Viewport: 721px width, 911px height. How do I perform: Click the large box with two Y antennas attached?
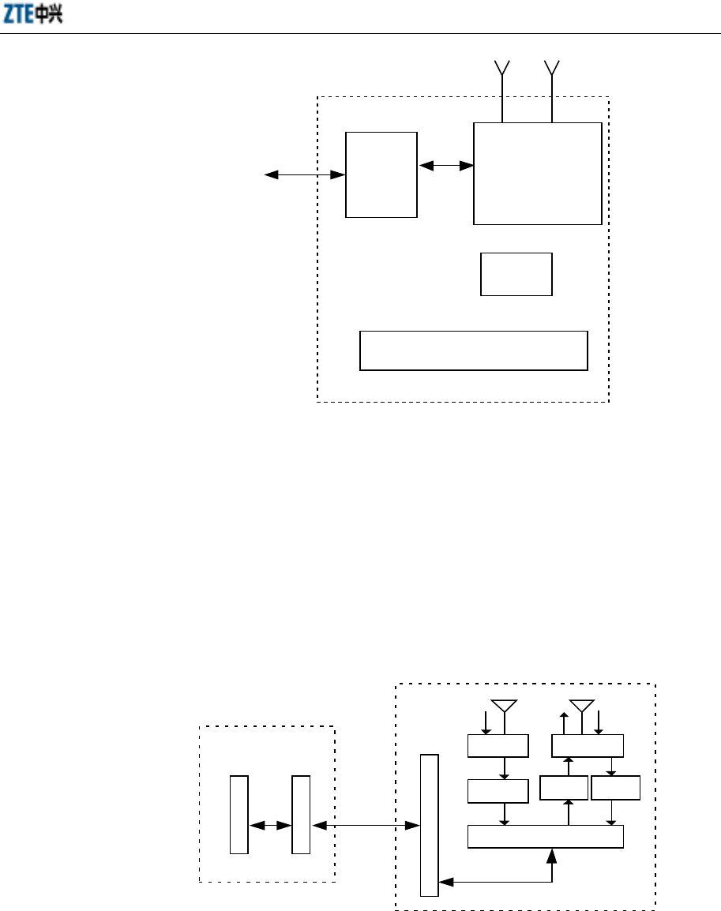(x=537, y=173)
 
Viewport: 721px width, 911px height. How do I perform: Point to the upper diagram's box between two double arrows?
(x=381, y=174)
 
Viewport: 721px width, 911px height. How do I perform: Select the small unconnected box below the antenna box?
(x=516, y=274)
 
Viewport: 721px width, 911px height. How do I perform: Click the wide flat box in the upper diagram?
(x=474, y=351)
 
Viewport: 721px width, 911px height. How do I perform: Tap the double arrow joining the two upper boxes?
(x=445, y=165)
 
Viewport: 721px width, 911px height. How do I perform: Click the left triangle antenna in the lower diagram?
(x=504, y=705)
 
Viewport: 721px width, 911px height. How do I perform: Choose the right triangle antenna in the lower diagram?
(x=581, y=705)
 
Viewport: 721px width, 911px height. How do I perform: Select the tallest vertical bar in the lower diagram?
(x=429, y=825)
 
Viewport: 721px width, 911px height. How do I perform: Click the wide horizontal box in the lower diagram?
(x=546, y=836)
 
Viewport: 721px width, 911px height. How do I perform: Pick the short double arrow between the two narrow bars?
(x=270, y=826)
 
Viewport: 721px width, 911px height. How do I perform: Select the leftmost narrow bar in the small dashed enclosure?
(x=239, y=815)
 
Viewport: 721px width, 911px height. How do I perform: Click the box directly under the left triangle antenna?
(x=498, y=744)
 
